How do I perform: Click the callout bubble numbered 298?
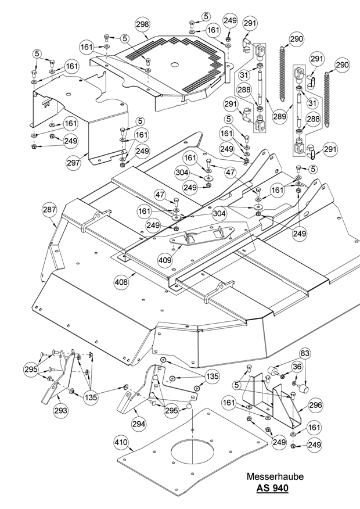(x=142, y=24)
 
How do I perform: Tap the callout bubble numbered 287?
(x=49, y=210)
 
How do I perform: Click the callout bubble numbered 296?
(x=315, y=406)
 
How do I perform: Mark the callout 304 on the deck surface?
(x=218, y=214)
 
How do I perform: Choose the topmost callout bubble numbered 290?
(x=296, y=39)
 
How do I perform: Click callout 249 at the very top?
(x=231, y=21)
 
